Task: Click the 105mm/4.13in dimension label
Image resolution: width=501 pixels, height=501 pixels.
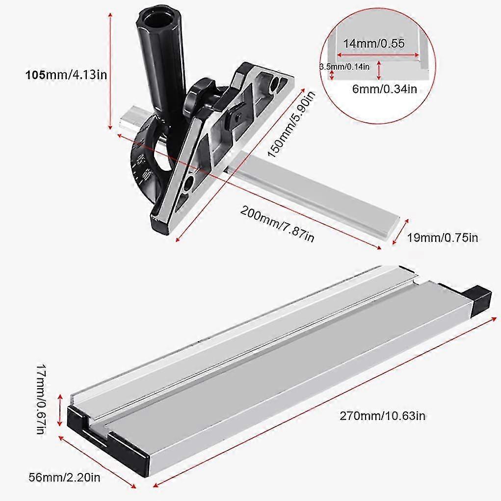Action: coord(66,75)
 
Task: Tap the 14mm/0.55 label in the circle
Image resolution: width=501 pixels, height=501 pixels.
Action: coord(374,43)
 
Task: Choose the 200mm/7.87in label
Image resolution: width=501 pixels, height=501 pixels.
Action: coord(277,223)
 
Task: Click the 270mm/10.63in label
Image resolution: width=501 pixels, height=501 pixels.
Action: coord(382,416)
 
